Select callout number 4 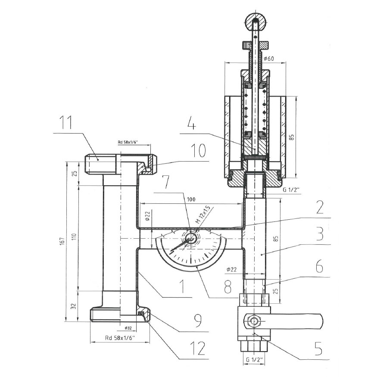192,125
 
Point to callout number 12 198,349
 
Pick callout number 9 198,321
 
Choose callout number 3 319,233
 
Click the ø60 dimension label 268,59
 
